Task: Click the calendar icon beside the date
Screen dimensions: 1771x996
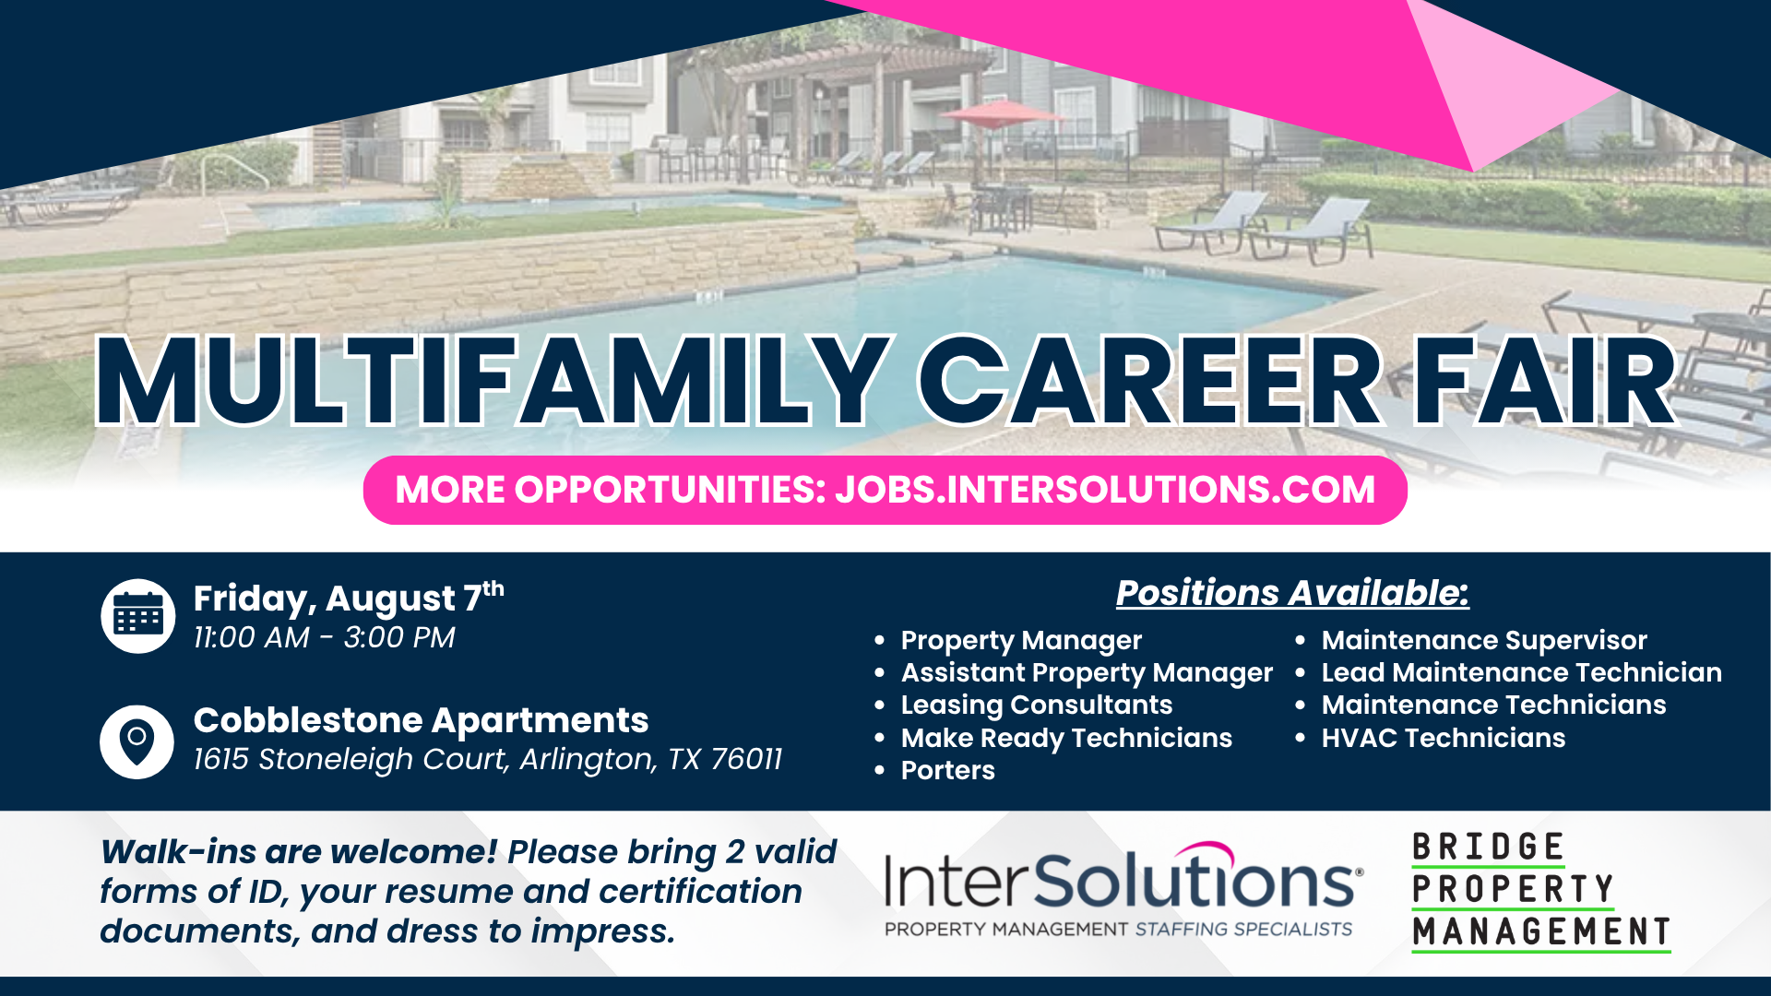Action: pyautogui.click(x=137, y=616)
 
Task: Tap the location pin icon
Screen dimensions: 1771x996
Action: pyautogui.click(x=137, y=741)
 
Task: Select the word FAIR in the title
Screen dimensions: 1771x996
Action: pyautogui.click(x=1546, y=381)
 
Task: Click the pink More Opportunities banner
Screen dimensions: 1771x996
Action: pyautogui.click(x=885, y=490)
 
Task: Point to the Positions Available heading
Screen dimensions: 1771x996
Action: pyautogui.click(x=1292, y=592)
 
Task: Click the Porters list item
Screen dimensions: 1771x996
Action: pyautogui.click(x=947, y=770)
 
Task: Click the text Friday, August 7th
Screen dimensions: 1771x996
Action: pyautogui.click(x=349, y=598)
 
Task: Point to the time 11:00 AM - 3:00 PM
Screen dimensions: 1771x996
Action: pyautogui.click(x=324, y=637)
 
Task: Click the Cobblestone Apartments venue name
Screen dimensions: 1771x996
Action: pyautogui.click(x=421, y=720)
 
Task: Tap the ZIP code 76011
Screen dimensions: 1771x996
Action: pyautogui.click(x=746, y=759)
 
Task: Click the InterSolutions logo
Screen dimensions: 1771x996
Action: pyautogui.click(x=1123, y=889)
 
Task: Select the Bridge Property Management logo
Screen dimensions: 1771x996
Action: pyautogui.click(x=1540, y=891)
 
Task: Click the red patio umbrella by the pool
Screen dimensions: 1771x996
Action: pyautogui.click(x=1001, y=115)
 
